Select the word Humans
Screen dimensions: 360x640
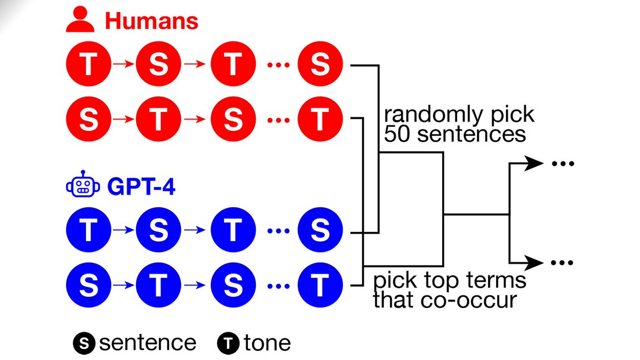[x=151, y=21]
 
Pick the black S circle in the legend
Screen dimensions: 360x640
[x=84, y=342]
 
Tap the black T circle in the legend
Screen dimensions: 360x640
[x=228, y=342]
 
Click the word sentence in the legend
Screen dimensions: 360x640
[x=148, y=342]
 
